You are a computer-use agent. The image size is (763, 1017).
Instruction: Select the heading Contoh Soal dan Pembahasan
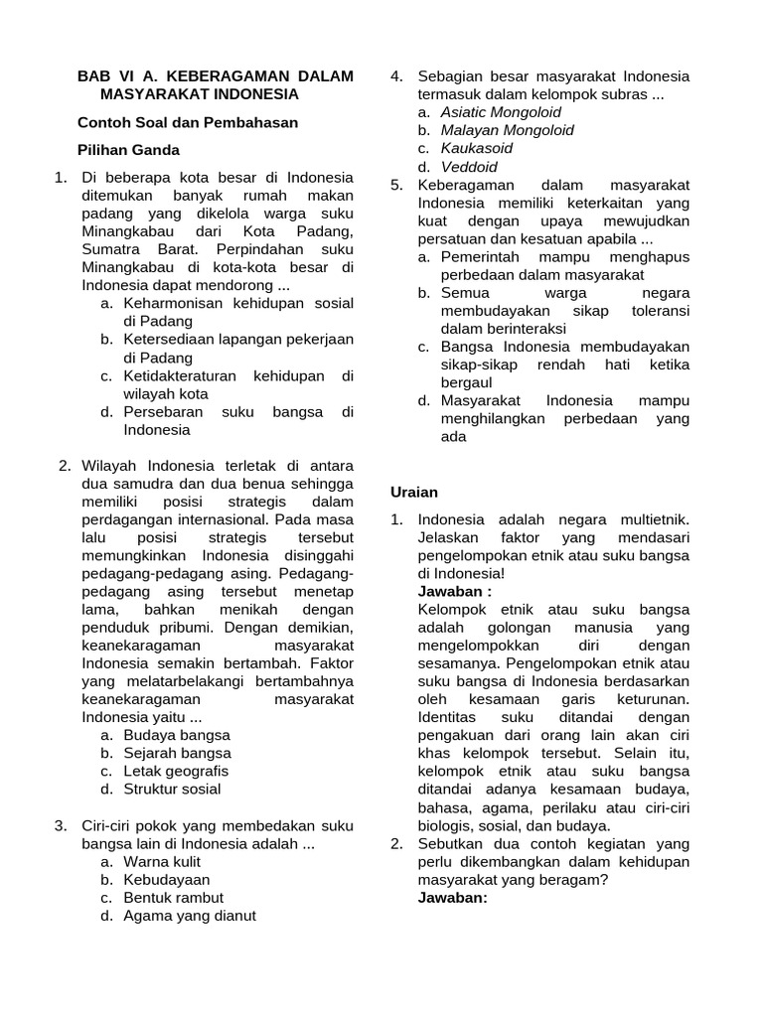click(188, 122)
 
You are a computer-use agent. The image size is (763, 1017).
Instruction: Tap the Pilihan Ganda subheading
click(129, 150)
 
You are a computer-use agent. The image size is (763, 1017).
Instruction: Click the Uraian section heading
click(413, 492)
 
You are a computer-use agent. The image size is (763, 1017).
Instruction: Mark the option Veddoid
click(469, 167)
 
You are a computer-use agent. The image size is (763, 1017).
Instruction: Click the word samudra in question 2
click(143, 484)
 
